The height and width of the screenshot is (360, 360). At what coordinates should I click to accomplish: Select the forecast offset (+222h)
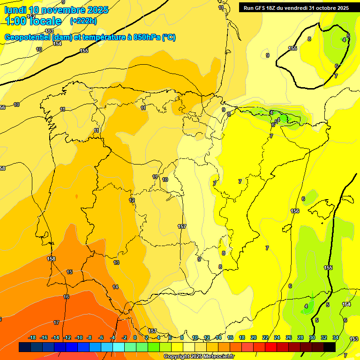click(x=83, y=21)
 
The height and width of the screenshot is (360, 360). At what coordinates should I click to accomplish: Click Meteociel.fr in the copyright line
click(x=217, y=357)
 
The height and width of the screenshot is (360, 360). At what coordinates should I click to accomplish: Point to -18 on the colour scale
click(x=32, y=337)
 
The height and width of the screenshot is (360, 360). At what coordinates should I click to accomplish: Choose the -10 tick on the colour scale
click(x=79, y=337)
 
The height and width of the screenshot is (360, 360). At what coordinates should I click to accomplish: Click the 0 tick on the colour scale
click(x=135, y=337)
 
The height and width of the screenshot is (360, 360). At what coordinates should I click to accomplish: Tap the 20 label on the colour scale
click(x=254, y=337)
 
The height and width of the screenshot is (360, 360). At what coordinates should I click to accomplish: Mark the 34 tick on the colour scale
click(x=336, y=337)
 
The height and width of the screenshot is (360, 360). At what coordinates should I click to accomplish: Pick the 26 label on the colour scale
click(x=289, y=337)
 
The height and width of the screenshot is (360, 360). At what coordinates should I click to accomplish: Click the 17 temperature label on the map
click(x=56, y=322)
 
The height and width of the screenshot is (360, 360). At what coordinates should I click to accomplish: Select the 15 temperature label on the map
click(x=69, y=272)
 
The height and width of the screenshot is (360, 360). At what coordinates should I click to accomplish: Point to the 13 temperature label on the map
click(x=116, y=262)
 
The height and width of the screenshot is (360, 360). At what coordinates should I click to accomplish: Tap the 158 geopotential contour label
click(x=51, y=259)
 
